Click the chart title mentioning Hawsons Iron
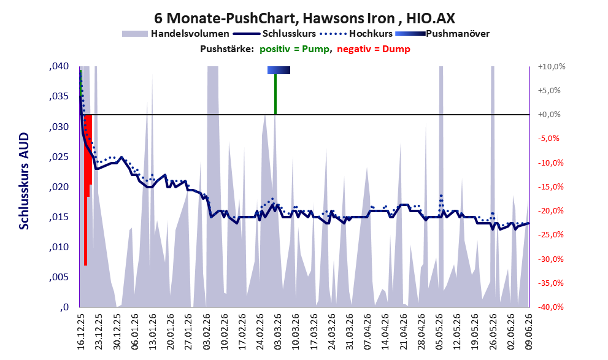(x=304, y=18)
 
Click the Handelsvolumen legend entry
(x=175, y=34)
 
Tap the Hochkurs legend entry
(x=356, y=34)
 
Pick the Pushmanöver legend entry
(x=442, y=34)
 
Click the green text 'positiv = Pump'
(x=294, y=49)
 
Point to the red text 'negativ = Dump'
(x=374, y=49)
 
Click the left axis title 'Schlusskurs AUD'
(x=24, y=181)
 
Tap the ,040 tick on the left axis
(x=59, y=66)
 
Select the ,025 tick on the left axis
(x=59, y=157)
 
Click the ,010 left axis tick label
(x=59, y=247)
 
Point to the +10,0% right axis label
(x=552, y=67)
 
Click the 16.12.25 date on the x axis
(x=80, y=332)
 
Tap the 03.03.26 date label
(x=277, y=332)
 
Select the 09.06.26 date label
(x=528, y=332)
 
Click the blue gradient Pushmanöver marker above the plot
(x=279, y=70)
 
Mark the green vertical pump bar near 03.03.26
(x=275, y=94)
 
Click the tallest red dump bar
(x=85, y=190)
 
